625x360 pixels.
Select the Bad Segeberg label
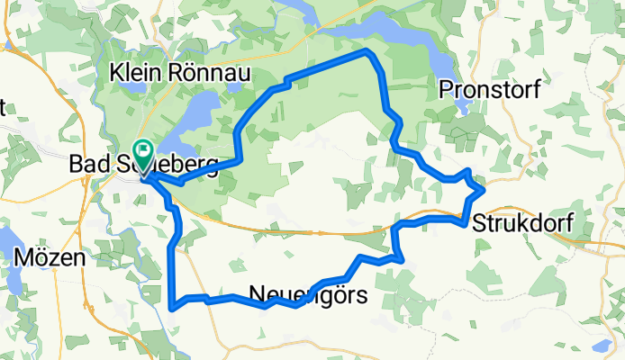tap(143, 166)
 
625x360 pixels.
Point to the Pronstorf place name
tap(484, 88)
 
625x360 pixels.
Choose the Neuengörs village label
tap(307, 293)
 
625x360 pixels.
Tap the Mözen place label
tap(50, 256)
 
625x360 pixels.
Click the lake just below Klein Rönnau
tap(202, 112)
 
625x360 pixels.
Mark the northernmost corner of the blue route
tap(367, 52)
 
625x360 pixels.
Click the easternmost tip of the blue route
tap(484, 190)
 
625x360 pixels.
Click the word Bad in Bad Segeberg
tap(88, 166)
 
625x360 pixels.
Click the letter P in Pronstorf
tap(445, 88)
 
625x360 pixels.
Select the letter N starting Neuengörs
tap(254, 293)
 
